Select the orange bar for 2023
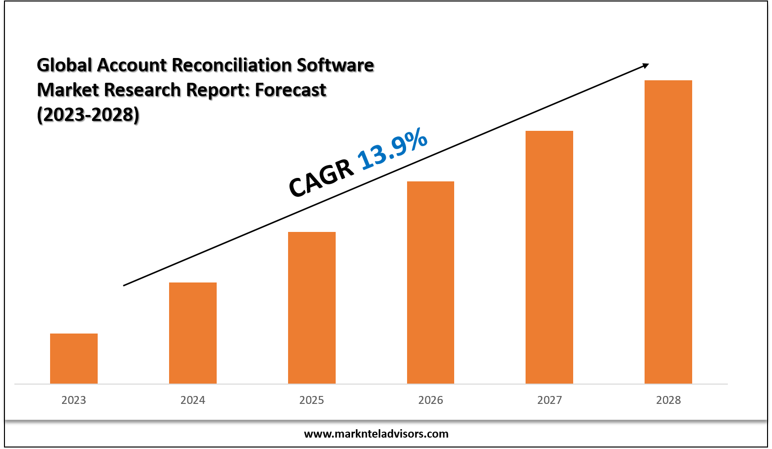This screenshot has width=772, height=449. pos(74,358)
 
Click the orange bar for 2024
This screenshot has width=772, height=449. pos(193,333)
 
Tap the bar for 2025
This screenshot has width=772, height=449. pos(312,308)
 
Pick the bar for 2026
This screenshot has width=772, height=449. pos(430,282)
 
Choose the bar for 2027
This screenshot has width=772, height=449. pos(549,257)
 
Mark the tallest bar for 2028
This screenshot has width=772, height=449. pos(668,232)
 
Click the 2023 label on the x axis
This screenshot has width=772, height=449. pos(74,400)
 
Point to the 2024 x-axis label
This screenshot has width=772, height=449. pos(193,400)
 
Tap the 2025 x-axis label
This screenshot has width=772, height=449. pos(312,400)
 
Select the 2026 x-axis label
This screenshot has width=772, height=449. pos(430,400)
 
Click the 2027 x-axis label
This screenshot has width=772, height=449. pos(549,400)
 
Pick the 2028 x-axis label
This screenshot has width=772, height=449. pos(668,400)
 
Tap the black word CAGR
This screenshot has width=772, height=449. pos(321,179)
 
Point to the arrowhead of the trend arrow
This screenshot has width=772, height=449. pos(645,65)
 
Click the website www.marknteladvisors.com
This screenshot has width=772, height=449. pos(376,434)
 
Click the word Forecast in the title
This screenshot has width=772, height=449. pos(291,90)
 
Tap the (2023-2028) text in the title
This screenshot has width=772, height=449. pos(88,114)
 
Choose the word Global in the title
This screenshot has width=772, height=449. pos(64,65)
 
